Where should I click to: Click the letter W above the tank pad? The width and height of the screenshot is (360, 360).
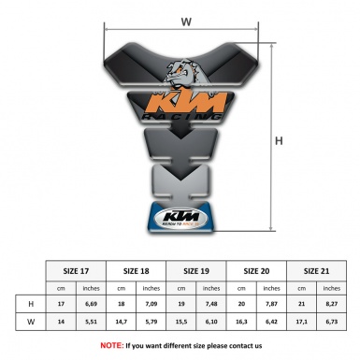pos(187,19)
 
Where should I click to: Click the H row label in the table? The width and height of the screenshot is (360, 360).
pos(31,303)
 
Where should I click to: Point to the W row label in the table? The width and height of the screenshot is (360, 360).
pos(31,322)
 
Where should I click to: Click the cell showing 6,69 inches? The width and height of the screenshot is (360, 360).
pos(92,303)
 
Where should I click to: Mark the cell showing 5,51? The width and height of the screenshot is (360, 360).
pos(92,322)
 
